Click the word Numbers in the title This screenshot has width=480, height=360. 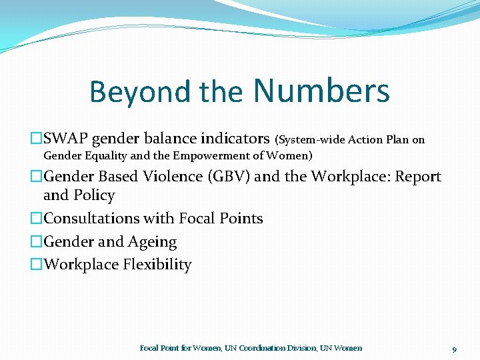pos(321,91)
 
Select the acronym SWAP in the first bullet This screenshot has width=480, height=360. pos(65,139)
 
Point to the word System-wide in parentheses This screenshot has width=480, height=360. pos(307,140)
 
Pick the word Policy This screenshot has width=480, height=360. pos(93,195)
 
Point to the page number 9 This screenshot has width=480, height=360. pos(454,349)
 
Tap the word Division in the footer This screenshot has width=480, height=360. pos(303,348)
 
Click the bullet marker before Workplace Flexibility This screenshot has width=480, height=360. pos(36,265)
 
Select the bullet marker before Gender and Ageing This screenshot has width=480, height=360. pos(36,242)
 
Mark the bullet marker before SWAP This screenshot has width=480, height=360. pos(36,139)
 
